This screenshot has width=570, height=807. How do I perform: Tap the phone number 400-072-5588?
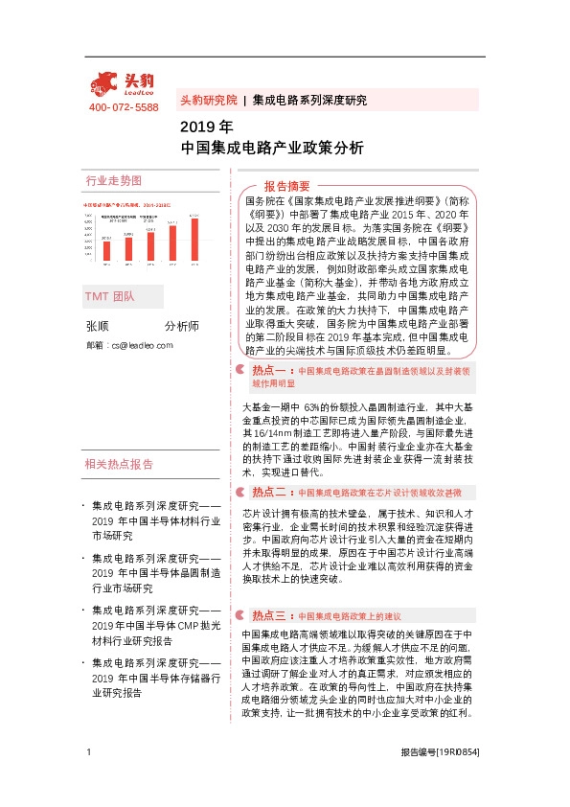(x=124, y=107)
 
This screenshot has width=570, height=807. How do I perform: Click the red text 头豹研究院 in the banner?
(x=208, y=100)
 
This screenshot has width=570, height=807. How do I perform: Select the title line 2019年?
(x=206, y=127)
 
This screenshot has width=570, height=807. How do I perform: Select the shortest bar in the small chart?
(x=105, y=247)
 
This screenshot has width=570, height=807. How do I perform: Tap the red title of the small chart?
(x=125, y=204)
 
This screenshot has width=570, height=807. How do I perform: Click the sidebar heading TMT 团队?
(x=110, y=297)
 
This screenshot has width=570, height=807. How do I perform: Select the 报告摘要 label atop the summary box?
(x=286, y=185)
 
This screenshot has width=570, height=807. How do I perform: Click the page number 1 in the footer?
(x=88, y=779)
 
